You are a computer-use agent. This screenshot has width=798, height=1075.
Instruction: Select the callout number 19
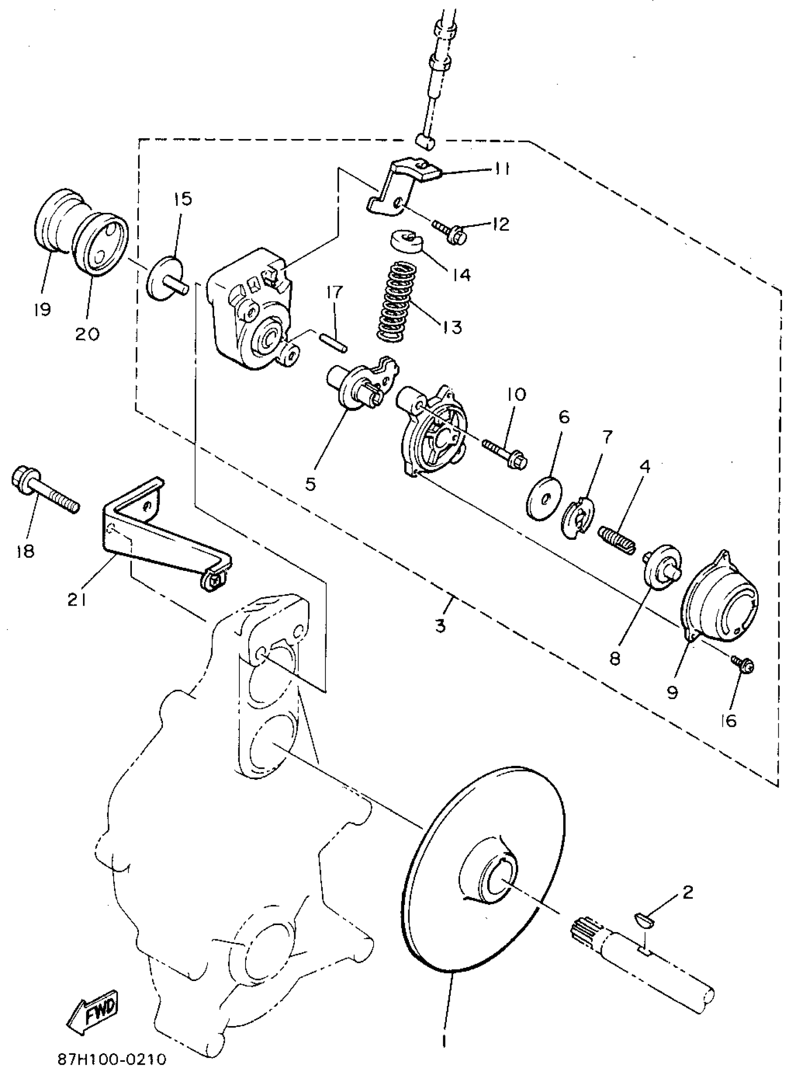tap(43, 308)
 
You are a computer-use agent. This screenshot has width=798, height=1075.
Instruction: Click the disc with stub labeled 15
tap(166, 279)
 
